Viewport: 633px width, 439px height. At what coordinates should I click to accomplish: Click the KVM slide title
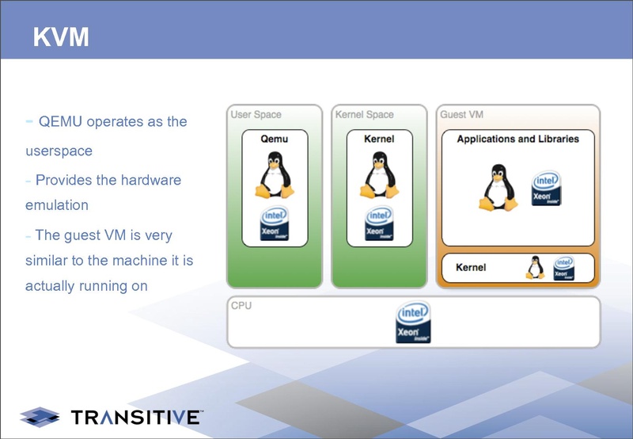61,36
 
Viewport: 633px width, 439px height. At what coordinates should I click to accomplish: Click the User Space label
256,115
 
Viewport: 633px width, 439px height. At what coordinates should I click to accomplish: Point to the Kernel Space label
364,115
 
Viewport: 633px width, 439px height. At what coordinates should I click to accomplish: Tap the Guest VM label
461,115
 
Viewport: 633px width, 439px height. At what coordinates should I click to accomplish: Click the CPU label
241,305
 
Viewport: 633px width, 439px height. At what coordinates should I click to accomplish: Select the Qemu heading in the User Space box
274,139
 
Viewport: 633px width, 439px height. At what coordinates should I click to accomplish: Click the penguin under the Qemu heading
274,175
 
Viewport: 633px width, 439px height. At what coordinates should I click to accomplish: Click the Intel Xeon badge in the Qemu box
274,224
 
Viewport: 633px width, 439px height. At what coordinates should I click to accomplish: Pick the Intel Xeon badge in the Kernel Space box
379,224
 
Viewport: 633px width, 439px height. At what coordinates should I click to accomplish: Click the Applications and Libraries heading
517,139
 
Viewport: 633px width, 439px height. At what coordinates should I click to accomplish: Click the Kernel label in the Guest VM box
471,268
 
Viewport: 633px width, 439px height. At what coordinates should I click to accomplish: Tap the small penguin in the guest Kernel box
535,268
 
